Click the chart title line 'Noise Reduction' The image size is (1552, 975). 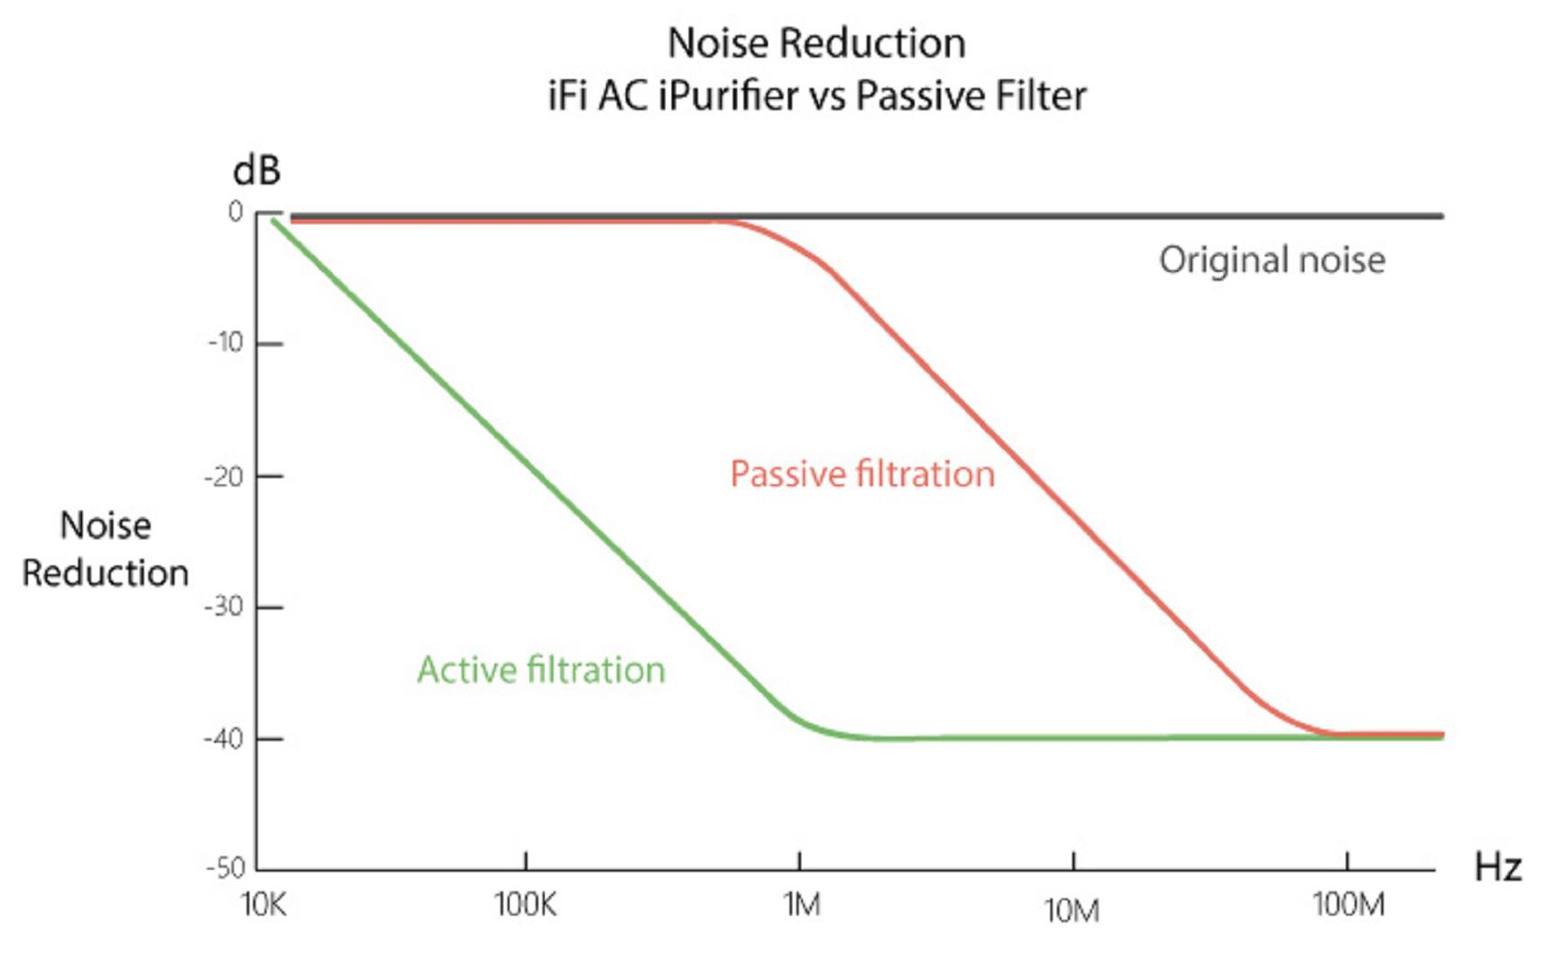click(x=817, y=43)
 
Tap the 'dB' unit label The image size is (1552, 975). click(x=257, y=170)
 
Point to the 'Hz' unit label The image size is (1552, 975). click(x=1497, y=868)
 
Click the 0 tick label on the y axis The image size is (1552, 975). click(x=235, y=212)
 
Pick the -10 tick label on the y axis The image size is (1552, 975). click(x=226, y=343)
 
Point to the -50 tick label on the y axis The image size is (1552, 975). click(x=225, y=869)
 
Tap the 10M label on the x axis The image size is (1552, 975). click(x=1071, y=911)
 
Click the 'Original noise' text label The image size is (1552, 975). click(x=1271, y=260)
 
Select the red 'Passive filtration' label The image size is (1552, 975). click(x=862, y=474)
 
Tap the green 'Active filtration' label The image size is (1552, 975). click(x=541, y=671)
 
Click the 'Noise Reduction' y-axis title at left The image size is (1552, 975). click(x=105, y=549)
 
